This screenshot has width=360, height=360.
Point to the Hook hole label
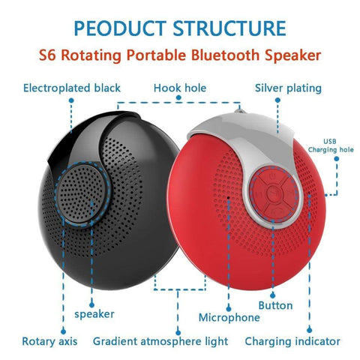179,88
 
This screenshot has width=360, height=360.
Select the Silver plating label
288,88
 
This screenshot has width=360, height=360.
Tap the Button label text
275,305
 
